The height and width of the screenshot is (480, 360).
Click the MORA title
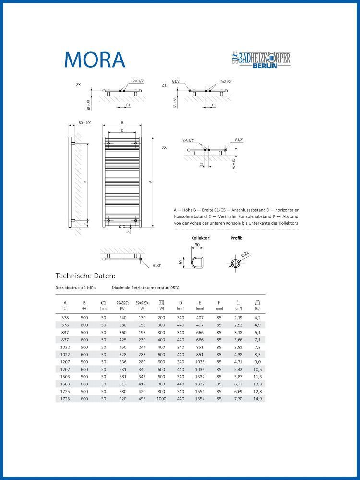(95, 59)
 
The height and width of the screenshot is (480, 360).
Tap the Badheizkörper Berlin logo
(261, 60)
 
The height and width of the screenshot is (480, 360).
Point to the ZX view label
(78, 85)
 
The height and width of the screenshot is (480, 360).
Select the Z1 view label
(164, 85)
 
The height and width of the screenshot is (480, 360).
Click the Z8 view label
(164, 148)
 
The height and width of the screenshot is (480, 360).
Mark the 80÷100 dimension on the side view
(84, 123)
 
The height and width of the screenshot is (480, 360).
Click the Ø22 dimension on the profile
(246, 255)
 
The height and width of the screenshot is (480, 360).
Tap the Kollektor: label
(201, 238)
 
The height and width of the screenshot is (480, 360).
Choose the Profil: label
(237, 238)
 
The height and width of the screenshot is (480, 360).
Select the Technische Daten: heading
(85, 276)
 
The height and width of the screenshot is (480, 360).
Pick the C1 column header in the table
(103, 303)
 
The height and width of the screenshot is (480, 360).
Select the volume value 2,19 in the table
(238, 318)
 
